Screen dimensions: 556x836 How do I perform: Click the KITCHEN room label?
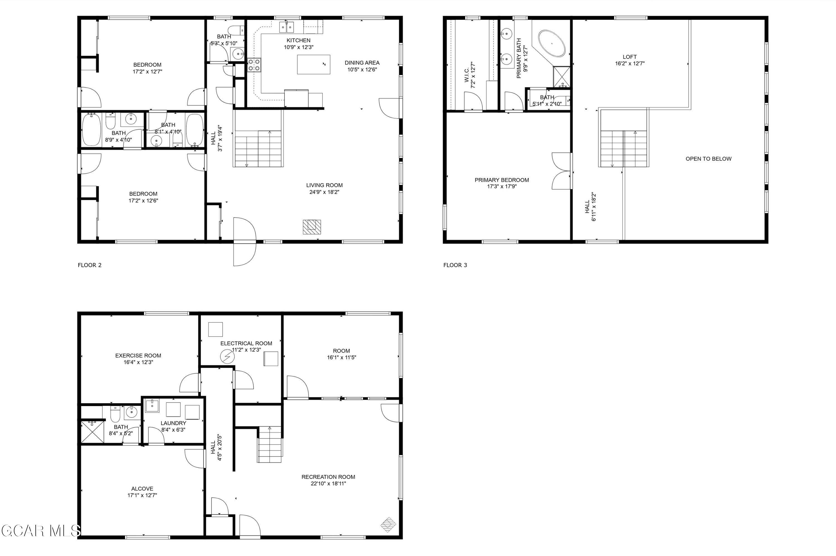point(298,40)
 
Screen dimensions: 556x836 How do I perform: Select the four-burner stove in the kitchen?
point(254,65)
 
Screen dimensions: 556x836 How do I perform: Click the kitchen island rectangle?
point(313,65)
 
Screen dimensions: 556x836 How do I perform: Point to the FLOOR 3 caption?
point(455,265)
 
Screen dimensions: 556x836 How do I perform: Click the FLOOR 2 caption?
point(90,265)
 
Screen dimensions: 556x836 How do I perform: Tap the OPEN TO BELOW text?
point(708,159)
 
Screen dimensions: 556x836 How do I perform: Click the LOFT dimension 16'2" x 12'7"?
point(630,64)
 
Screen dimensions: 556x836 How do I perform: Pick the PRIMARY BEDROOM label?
point(502,180)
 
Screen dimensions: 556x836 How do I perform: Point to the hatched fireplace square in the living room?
point(312,227)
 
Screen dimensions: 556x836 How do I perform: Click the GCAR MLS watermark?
point(40,531)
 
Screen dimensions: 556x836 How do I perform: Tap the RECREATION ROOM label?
point(328,477)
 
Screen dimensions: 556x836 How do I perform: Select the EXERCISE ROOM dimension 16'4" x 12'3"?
point(138,362)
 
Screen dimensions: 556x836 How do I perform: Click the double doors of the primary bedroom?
point(562,171)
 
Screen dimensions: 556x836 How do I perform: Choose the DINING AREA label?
point(362,63)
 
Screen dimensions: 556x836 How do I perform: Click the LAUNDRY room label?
point(173,423)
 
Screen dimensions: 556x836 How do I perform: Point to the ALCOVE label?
point(142,489)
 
